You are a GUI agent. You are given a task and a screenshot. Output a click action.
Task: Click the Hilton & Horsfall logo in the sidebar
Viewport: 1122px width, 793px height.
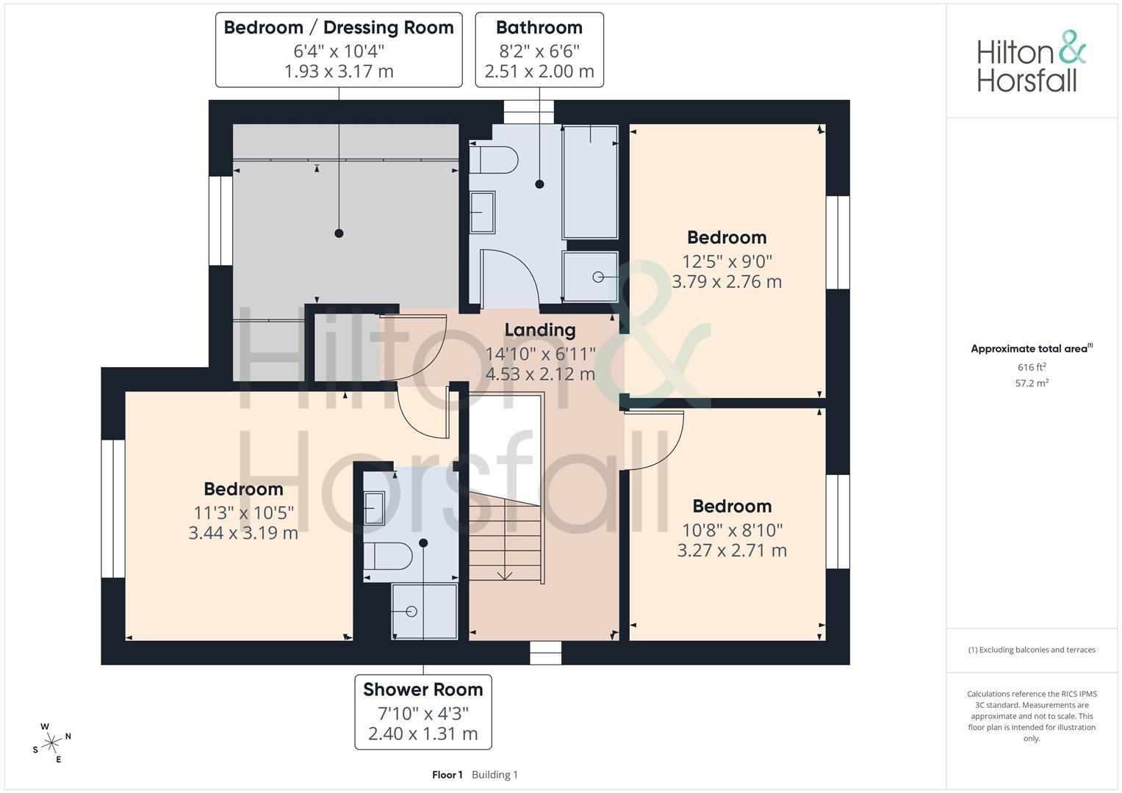tap(1031, 61)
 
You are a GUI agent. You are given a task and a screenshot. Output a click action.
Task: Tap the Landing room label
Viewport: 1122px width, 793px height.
tap(540, 330)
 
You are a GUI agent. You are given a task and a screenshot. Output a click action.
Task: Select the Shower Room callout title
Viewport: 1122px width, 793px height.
tap(423, 689)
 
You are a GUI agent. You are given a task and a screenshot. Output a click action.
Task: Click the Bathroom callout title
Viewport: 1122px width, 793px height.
tap(539, 28)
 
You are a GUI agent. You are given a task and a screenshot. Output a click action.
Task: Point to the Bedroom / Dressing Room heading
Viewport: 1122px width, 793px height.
tap(339, 28)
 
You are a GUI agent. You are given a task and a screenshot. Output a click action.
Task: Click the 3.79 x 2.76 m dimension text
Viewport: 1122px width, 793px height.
tap(727, 282)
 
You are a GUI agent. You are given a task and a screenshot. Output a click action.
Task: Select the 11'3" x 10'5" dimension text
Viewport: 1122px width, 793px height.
tap(243, 513)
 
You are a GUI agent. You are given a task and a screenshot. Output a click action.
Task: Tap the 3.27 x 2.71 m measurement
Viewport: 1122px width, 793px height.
tap(733, 551)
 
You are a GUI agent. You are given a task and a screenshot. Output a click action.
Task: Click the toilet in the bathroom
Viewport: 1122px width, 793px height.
tap(493, 160)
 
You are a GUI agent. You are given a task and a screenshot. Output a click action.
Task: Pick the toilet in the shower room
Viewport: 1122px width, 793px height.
tap(388, 556)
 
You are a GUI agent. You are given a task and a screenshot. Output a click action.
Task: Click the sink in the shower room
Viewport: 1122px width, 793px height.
tap(374, 508)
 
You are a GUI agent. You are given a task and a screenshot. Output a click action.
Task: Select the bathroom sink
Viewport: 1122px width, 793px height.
tap(482, 212)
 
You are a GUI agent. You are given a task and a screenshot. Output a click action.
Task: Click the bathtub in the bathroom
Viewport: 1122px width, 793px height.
tap(590, 182)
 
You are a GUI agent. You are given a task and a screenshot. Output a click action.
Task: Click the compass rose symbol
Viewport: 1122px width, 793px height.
tap(51, 743)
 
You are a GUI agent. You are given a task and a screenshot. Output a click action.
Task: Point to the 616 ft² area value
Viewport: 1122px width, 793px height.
tap(1032, 367)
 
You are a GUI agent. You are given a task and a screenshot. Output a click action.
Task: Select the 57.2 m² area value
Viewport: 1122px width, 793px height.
tap(1032, 383)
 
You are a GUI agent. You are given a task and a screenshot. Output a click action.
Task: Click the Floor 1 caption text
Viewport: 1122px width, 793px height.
tap(447, 775)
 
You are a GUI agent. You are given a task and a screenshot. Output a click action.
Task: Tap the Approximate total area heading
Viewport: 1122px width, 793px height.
tap(1032, 349)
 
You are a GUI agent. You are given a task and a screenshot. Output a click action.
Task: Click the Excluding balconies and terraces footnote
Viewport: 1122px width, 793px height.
tap(1032, 650)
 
